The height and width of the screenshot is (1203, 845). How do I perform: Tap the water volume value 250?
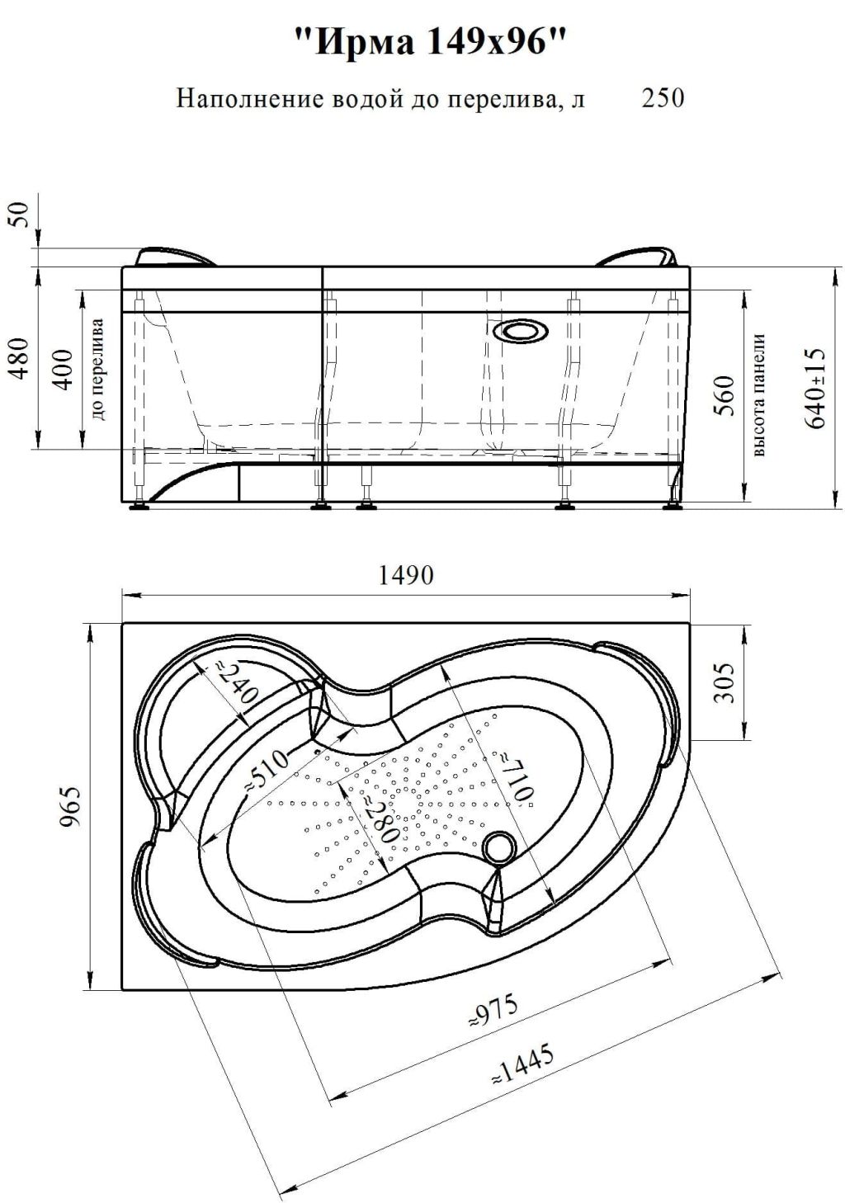pos(663,98)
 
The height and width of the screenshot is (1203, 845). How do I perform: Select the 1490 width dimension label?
pos(406,576)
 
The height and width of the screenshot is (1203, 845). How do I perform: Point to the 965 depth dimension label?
pos(71,806)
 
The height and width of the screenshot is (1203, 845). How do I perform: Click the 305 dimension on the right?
pos(725,682)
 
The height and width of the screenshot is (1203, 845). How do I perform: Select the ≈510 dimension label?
pos(267,770)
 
